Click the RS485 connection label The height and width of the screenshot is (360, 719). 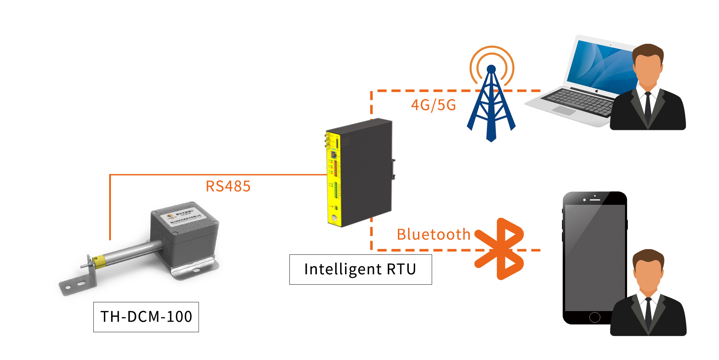pyautogui.click(x=228, y=186)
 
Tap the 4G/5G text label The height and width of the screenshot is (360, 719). pyautogui.click(x=433, y=105)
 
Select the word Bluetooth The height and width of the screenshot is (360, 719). pyautogui.click(x=433, y=234)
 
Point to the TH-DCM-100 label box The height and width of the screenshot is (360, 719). pyautogui.click(x=146, y=317)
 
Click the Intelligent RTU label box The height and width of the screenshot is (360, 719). pyautogui.click(x=361, y=270)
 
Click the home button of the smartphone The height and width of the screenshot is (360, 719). pyautogui.click(x=595, y=317)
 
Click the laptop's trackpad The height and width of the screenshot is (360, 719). pyautogui.click(x=564, y=110)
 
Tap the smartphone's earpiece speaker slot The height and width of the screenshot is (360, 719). pyautogui.click(x=595, y=200)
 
